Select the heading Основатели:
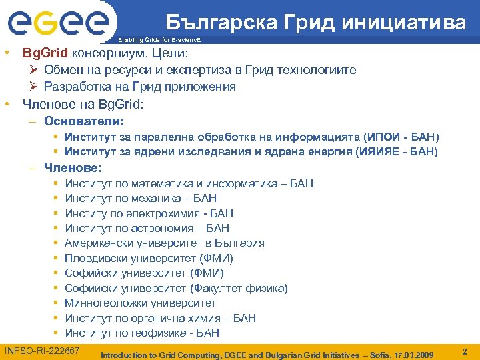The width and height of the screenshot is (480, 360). pyautogui.click(x=84, y=121)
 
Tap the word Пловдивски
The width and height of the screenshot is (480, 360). pyautogui.click(x=96, y=259)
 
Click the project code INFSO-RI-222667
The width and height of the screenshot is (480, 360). pyautogui.click(x=43, y=351)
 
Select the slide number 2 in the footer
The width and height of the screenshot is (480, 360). pyautogui.click(x=465, y=351)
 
